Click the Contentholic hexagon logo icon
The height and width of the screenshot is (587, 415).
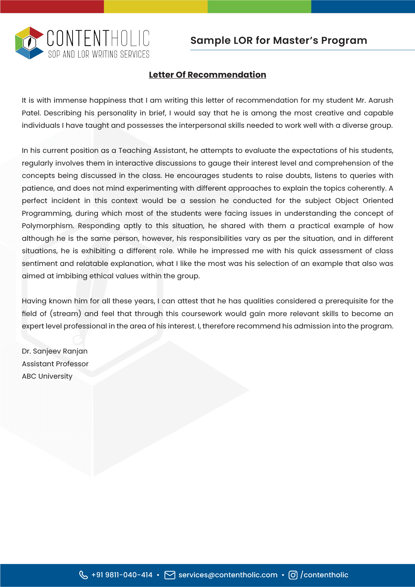point(29,43)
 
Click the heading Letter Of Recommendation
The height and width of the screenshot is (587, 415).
point(207,75)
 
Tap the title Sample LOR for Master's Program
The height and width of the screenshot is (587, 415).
point(279,40)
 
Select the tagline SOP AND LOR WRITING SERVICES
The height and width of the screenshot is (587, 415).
point(99,54)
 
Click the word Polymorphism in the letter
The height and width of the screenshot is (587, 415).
point(47,226)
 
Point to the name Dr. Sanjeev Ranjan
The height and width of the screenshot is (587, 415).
point(55,351)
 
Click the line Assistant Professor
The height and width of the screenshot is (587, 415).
point(55,364)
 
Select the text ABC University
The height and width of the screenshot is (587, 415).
point(47,376)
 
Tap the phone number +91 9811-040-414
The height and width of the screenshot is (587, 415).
point(122,575)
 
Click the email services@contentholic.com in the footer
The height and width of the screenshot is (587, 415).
point(228,575)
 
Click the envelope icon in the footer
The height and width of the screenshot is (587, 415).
point(170,575)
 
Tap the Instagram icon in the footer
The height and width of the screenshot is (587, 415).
point(293,575)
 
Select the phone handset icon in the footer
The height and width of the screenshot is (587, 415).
point(83,575)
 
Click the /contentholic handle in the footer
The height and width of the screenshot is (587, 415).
point(324,575)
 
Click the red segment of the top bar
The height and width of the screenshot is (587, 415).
point(52,6)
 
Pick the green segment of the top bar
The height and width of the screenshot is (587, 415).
point(259,6)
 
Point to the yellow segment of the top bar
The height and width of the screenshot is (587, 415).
point(155,6)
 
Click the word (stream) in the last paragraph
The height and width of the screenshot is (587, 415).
point(66,314)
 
